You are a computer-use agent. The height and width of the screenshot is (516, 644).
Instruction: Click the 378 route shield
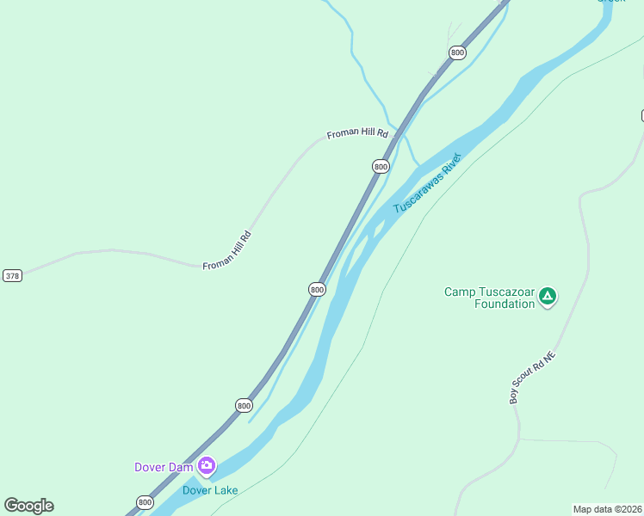[12, 275]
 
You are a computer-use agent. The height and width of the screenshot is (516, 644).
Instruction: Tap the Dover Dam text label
[164, 467]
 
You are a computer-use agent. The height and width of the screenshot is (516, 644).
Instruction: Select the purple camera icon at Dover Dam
[206, 466]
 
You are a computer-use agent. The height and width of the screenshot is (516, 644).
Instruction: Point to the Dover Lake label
[209, 490]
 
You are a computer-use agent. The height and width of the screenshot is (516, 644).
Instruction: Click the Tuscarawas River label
[428, 183]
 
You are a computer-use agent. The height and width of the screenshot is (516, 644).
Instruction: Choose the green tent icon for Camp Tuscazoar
[548, 298]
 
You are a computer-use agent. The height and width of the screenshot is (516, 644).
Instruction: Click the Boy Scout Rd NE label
[528, 378]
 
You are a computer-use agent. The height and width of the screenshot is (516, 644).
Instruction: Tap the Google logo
[28, 506]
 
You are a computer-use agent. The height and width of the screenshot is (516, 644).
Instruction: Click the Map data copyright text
[607, 508]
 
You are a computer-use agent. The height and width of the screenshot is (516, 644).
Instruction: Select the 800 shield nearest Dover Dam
[145, 502]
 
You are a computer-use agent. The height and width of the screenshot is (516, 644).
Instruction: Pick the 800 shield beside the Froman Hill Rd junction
[381, 166]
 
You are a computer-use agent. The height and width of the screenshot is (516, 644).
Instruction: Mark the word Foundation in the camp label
[505, 304]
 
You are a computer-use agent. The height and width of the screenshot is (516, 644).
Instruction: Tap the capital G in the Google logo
[10, 506]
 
